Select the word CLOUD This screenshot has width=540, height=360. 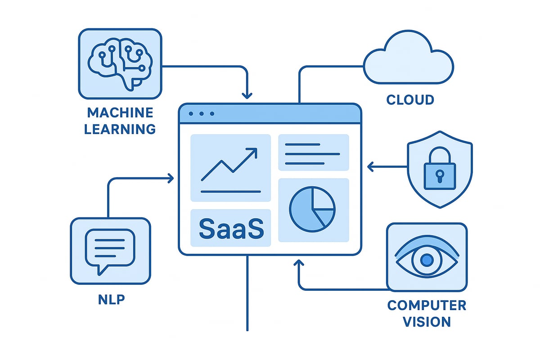410,99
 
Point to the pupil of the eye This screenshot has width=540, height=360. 427,260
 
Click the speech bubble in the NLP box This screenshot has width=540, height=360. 111,250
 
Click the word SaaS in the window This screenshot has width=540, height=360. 231,229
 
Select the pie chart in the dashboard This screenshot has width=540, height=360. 312,210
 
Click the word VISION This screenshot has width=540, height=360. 427,322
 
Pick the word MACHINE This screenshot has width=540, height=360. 120,112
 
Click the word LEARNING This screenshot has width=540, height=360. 120,129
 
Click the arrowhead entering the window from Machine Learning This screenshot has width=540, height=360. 247,95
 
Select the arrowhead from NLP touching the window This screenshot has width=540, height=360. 171,179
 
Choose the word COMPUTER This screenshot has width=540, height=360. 427,306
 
